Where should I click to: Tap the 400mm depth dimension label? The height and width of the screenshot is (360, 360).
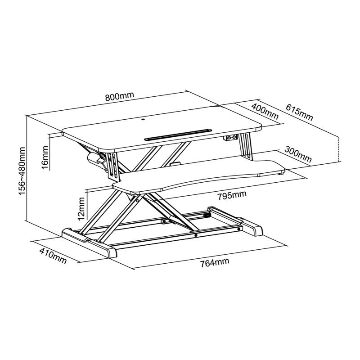click(x=265, y=110)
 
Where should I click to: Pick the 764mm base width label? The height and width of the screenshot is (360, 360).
click(x=215, y=262)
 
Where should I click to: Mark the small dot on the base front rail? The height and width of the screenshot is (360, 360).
click(x=196, y=234)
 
